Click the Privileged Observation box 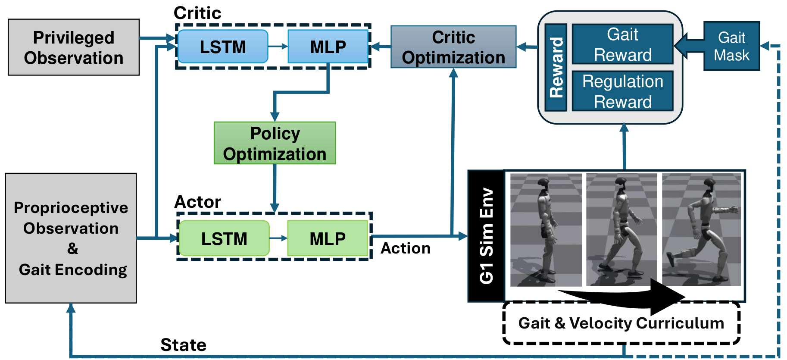tap(74, 47)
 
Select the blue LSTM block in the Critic tap(223, 47)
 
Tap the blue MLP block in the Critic tap(328, 47)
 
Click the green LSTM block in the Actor tap(224, 238)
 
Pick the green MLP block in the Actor tap(328, 238)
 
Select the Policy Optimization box tap(275, 143)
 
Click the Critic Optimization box tap(453, 47)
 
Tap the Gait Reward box tap(622, 44)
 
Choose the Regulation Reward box tap(622, 91)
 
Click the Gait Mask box tap(732, 46)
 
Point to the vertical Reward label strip tap(556, 67)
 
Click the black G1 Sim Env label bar tap(486, 236)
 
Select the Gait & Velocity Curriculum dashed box tap(621, 323)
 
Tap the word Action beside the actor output tap(406, 248)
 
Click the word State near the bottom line tap(183, 345)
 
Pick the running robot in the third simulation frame tap(703, 229)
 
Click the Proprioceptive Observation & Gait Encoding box tap(71, 238)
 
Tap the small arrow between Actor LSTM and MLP tap(278, 238)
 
